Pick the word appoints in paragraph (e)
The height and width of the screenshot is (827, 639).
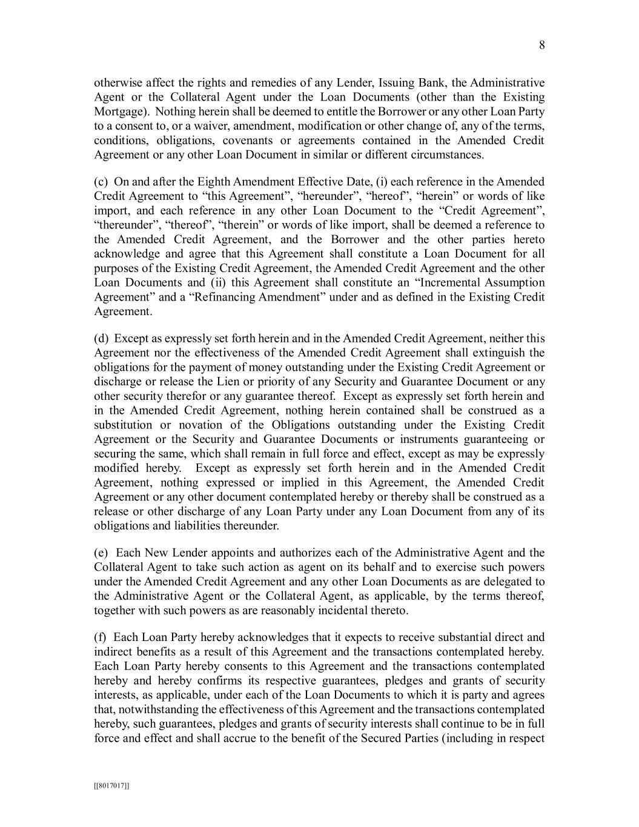(201, 553)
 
